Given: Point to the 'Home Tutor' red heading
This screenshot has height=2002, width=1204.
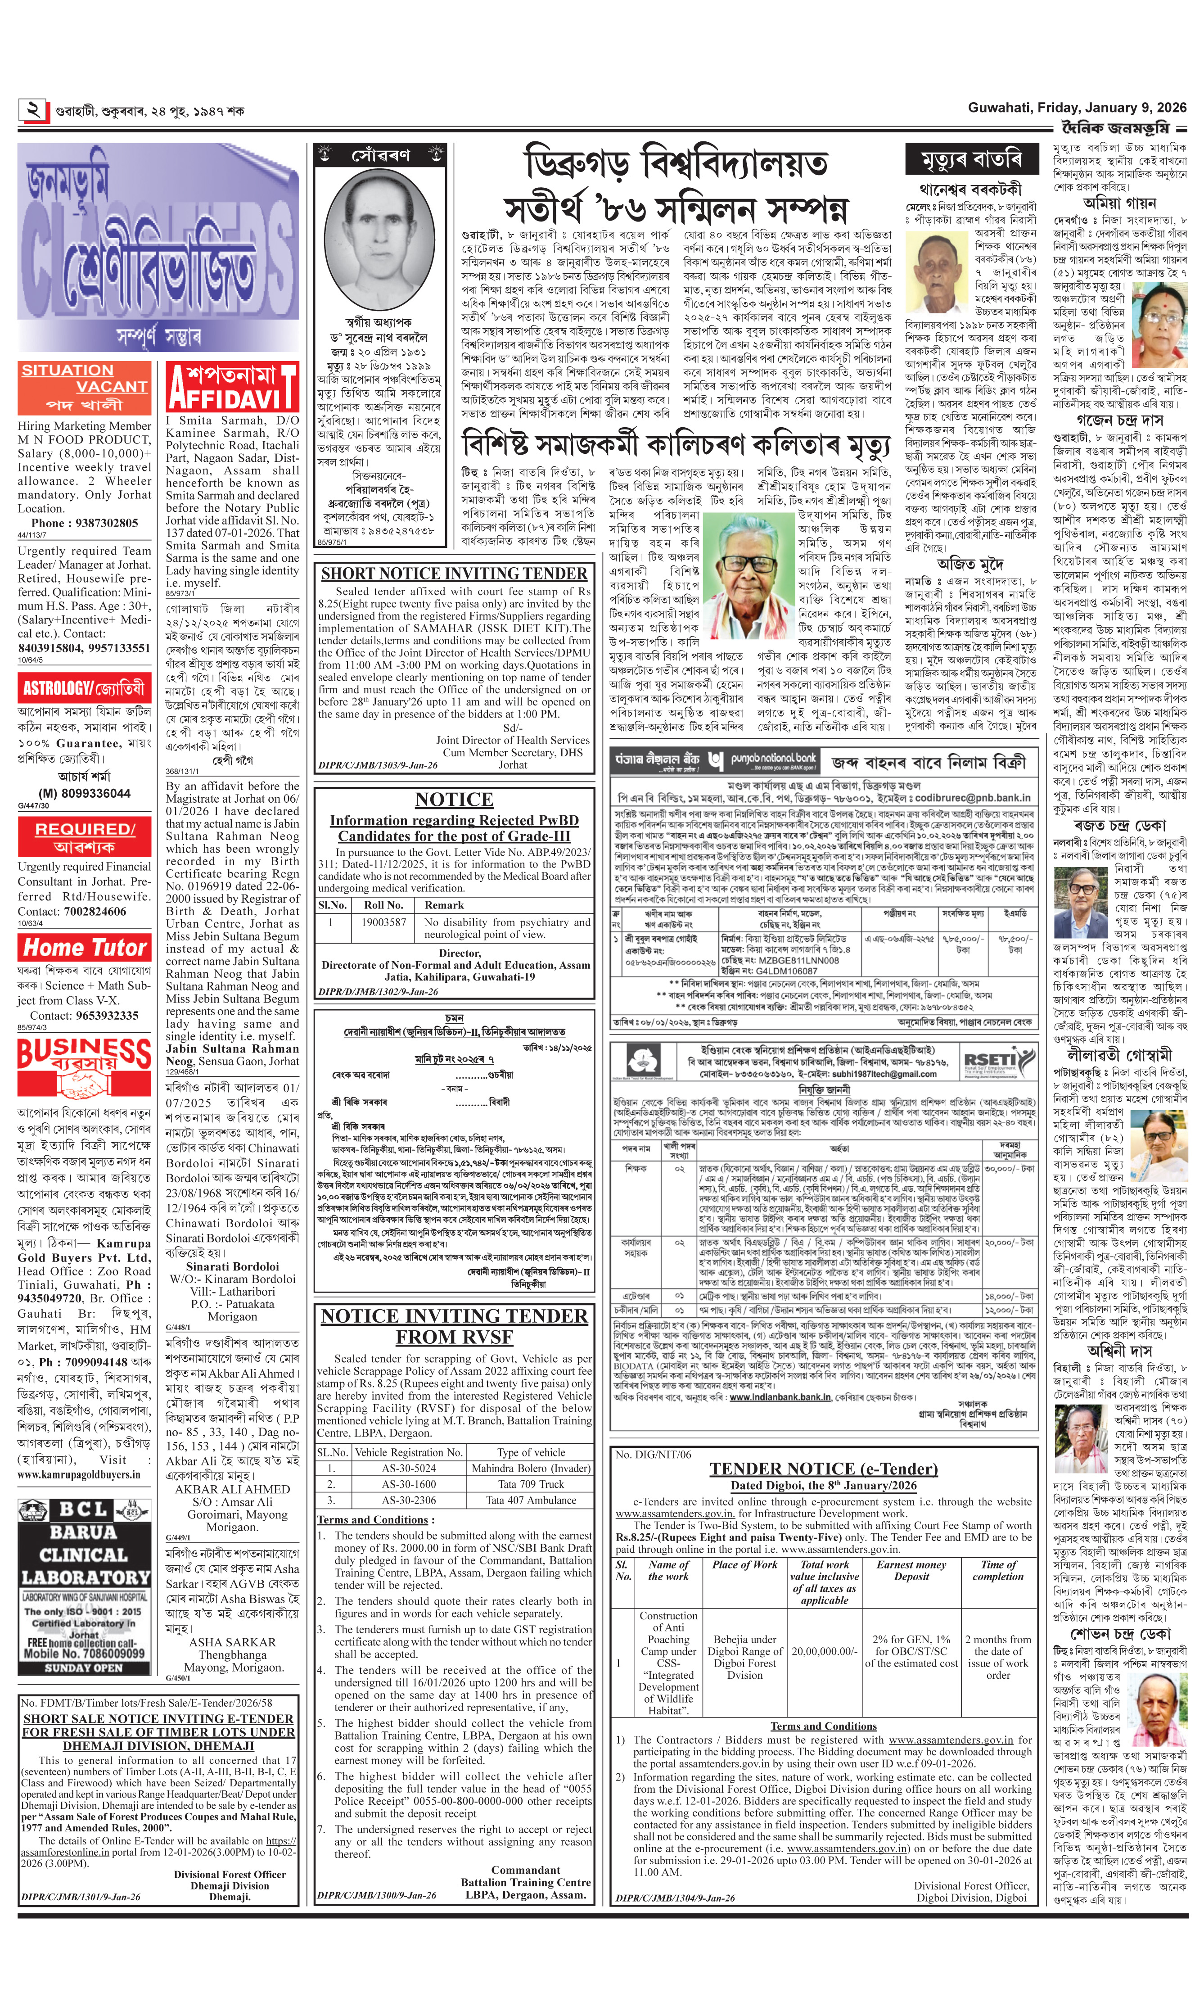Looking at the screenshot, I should click(x=84, y=947).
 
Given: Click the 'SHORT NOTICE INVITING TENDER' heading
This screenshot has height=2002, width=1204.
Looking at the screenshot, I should click(x=454, y=574).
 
